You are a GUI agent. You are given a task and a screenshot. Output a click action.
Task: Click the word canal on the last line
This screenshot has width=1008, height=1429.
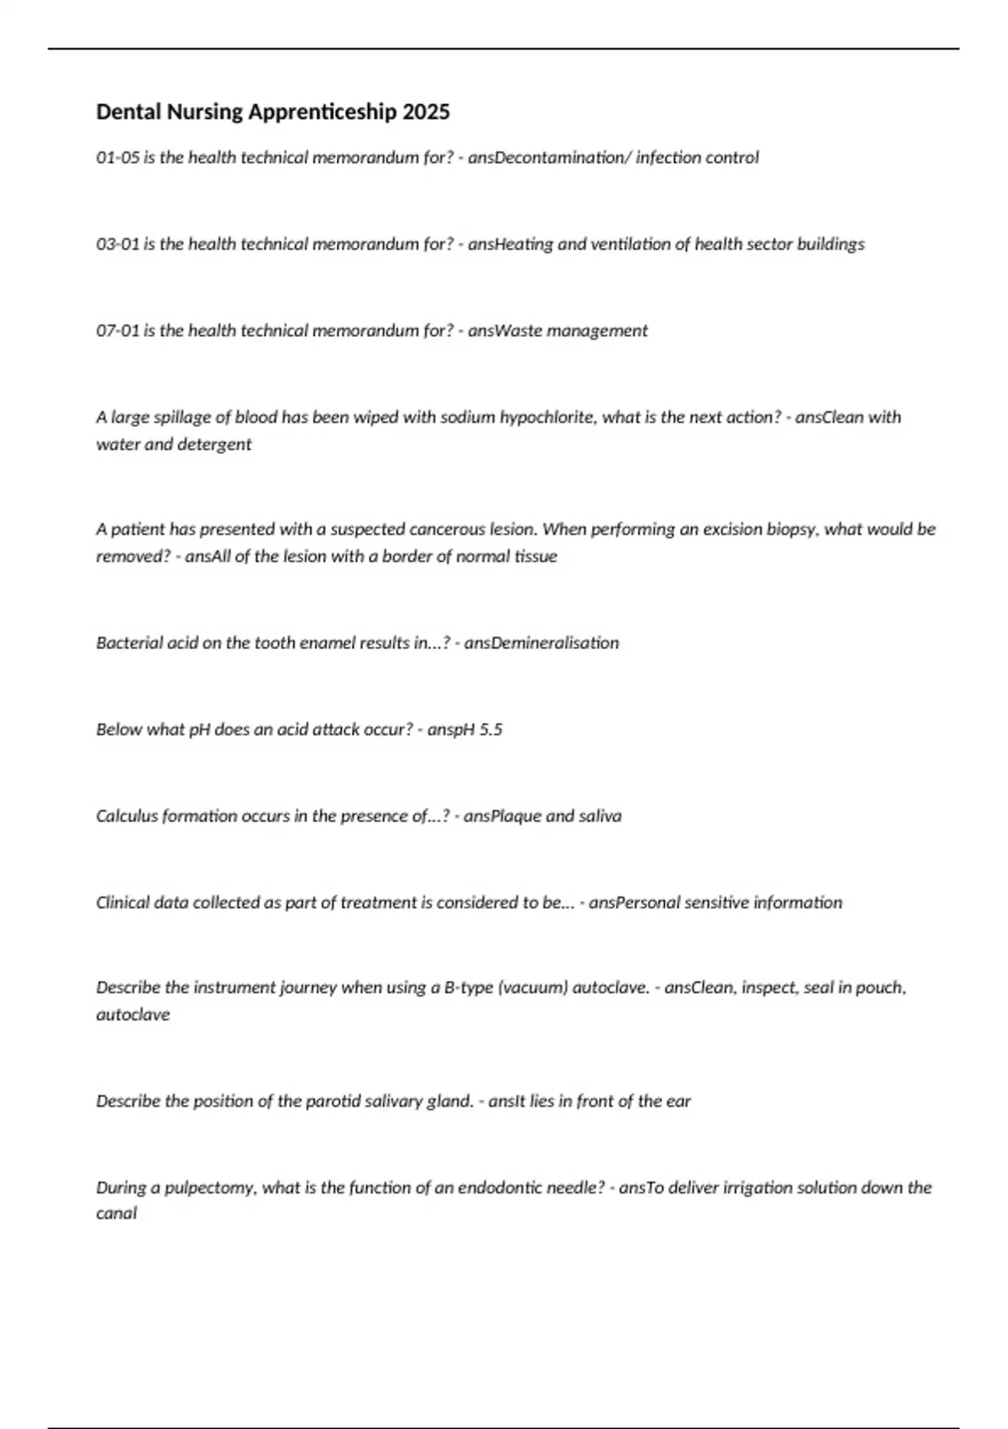pos(116,1214)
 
